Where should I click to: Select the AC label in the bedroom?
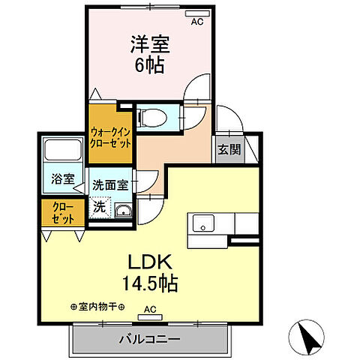(x=196, y=22)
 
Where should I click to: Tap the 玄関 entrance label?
(x=229, y=148)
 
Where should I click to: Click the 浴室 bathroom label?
(x=62, y=179)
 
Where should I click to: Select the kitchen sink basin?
(x=203, y=223)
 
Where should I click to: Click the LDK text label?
(x=154, y=264)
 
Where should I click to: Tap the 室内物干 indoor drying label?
(x=97, y=307)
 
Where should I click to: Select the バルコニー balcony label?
(x=148, y=338)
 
